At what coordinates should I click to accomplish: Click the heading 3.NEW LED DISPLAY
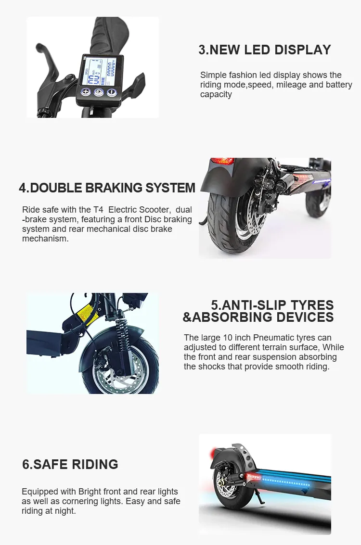(265, 50)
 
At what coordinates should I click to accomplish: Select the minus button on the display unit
(112, 92)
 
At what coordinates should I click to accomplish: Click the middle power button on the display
(99, 92)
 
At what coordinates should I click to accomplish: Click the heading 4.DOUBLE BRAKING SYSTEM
(107, 188)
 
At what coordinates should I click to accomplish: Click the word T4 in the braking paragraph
(99, 210)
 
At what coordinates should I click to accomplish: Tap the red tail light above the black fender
(222, 161)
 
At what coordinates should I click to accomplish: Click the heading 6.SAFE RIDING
(70, 464)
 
